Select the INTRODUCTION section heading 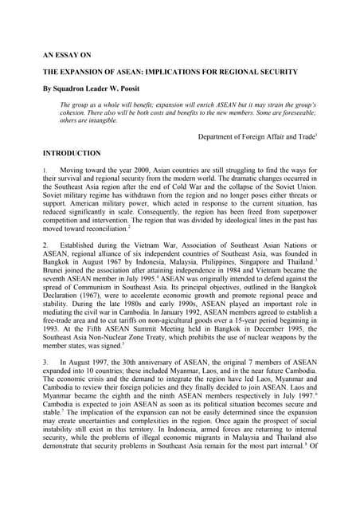(72, 153)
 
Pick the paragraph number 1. (45, 171)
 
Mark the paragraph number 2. (45, 248)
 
